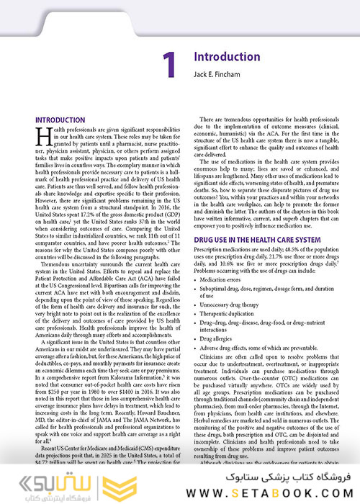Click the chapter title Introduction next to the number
click(227, 57)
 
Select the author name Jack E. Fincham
click(220, 74)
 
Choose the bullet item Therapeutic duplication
click(234, 316)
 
